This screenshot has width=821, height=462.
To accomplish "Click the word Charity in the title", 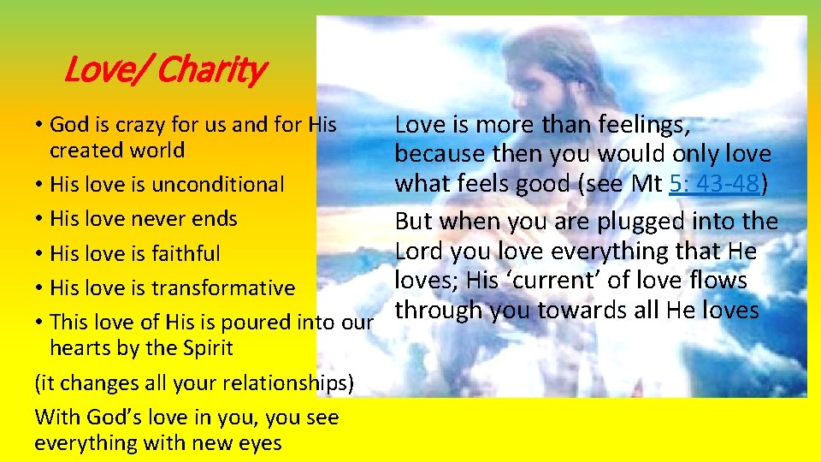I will pyautogui.click(x=213, y=69).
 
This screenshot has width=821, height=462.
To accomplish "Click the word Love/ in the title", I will pyautogui.click(x=108, y=69).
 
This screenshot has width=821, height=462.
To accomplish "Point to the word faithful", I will pyautogui.click(x=184, y=253).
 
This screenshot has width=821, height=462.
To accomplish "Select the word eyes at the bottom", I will pyautogui.click(x=261, y=443).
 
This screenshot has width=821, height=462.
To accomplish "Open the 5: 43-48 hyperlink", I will pyautogui.click(x=714, y=183).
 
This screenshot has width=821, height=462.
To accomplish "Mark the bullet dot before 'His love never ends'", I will pyautogui.click(x=40, y=218).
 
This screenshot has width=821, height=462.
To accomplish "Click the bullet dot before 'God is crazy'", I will pyautogui.click(x=40, y=125).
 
